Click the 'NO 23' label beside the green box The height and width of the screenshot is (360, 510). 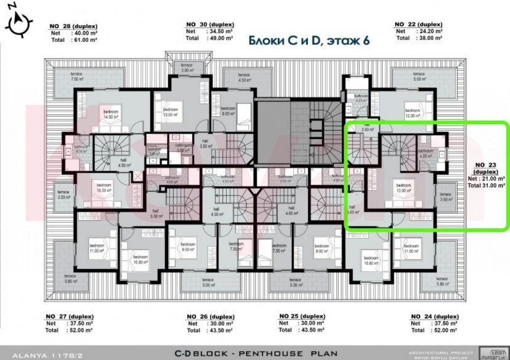pyautogui.click(x=486, y=165)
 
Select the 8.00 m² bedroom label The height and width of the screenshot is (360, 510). pyautogui.click(x=228, y=110)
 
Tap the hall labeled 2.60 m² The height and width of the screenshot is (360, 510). pyautogui.click(x=368, y=128)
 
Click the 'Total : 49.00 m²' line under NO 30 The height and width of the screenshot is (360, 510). pyautogui.click(x=210, y=38)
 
